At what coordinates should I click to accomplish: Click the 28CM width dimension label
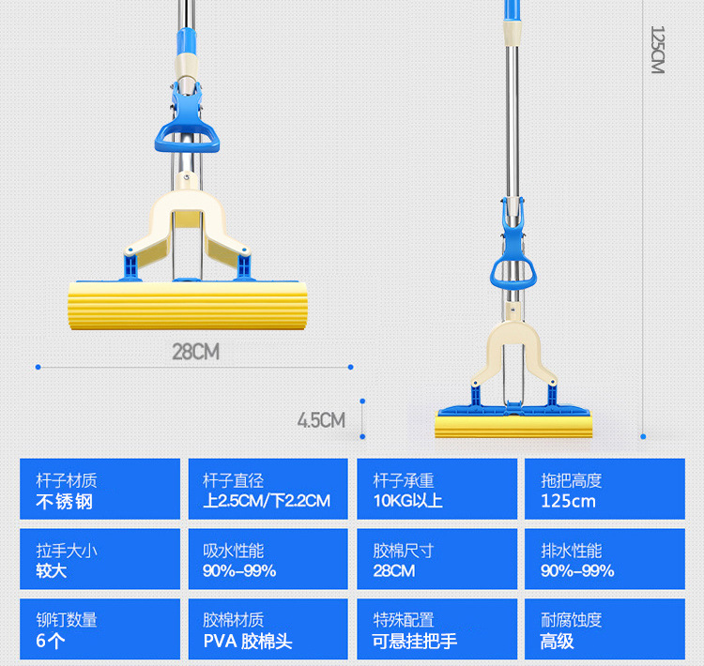195,352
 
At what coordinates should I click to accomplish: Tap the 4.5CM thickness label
321,419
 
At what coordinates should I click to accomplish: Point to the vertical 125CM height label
657,50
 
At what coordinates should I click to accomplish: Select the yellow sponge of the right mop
514,426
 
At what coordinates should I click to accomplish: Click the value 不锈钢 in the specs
65,501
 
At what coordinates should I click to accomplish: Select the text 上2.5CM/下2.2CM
267,501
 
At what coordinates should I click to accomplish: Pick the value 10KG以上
407,501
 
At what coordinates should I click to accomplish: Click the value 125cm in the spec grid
568,501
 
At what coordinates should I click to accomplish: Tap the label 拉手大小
67,551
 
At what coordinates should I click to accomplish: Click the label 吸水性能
234,551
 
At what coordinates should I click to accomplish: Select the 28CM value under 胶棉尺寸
393,571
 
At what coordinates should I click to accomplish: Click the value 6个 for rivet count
51,642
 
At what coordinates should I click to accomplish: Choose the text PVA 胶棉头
248,642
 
